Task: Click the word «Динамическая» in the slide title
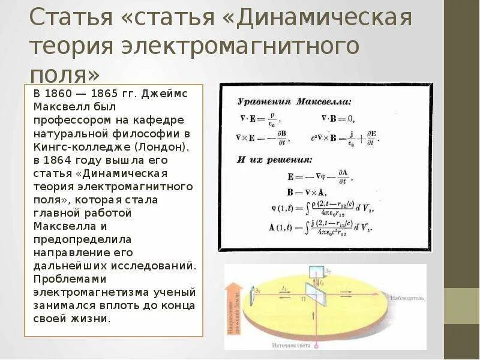pos(324,18)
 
